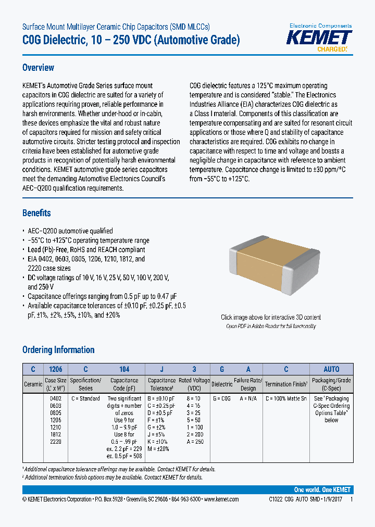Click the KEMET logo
pos(320,38)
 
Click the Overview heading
pos(38,68)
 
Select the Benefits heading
pos(36,213)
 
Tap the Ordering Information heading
pos(58,350)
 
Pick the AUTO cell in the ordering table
pos(331,369)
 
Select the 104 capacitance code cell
pos(124,369)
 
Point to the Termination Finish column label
pos(286,384)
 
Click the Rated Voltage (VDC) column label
pos(194,384)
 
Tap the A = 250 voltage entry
pos(194,442)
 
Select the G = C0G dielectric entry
pos(222,398)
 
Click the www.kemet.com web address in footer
pos(221,499)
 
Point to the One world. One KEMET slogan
pos(322,490)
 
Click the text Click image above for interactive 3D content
pos(271,317)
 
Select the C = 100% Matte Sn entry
pos(286,398)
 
